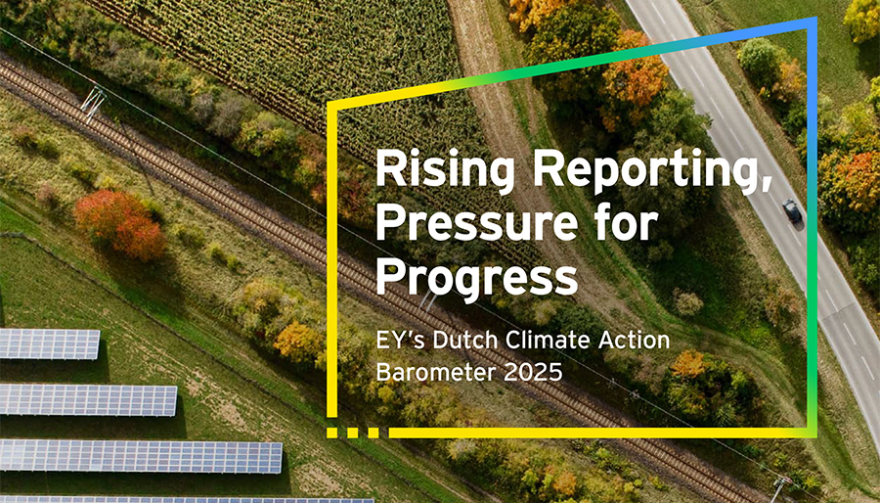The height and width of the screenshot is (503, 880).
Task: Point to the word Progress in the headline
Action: [x=476, y=278]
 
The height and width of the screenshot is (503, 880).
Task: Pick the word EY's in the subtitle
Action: [x=403, y=341]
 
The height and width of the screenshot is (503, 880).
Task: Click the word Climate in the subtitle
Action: [x=559, y=341]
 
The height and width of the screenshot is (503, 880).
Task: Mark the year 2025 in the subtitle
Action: [x=519, y=372]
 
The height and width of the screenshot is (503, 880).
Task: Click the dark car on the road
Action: [x=791, y=209]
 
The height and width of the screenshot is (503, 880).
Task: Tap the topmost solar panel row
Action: [x=49, y=343]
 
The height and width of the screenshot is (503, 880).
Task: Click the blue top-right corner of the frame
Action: [x=812, y=23]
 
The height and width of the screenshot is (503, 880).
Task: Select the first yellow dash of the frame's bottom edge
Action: [x=332, y=432]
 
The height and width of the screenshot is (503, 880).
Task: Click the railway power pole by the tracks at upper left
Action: [x=94, y=102]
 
